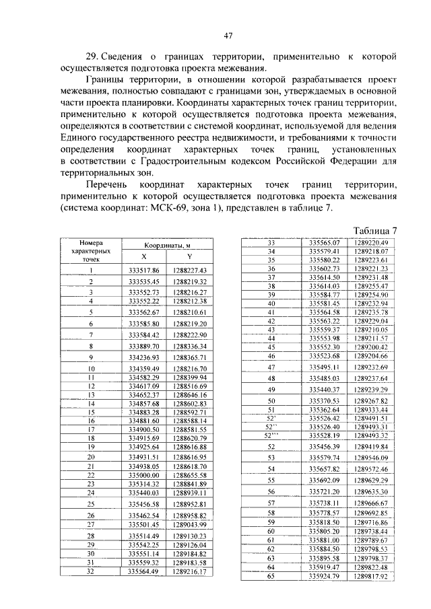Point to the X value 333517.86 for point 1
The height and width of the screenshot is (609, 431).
coord(143,270)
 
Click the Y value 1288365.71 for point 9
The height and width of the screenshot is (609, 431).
coord(189,357)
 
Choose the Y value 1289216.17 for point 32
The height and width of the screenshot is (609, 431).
coord(189,571)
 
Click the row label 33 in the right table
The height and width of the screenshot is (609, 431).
coord(273,242)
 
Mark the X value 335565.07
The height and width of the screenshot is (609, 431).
coord(323,242)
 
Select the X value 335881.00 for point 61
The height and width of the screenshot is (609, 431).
coord(323,540)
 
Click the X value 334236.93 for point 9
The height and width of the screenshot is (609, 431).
coord(143,357)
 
